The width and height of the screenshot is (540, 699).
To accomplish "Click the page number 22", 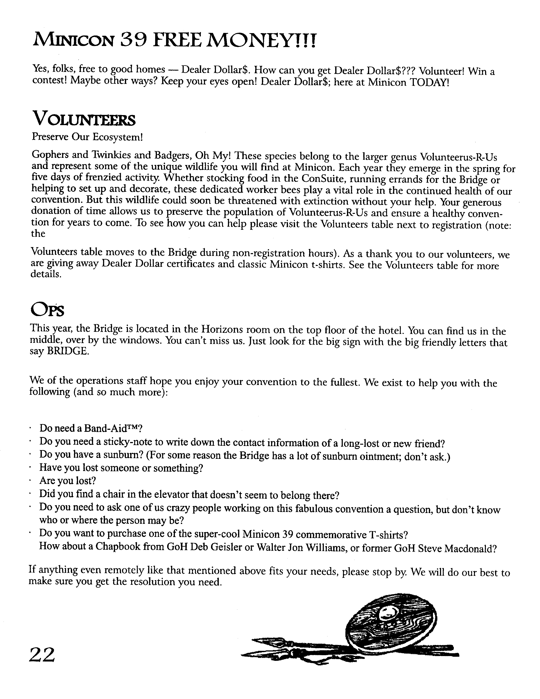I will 42,655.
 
